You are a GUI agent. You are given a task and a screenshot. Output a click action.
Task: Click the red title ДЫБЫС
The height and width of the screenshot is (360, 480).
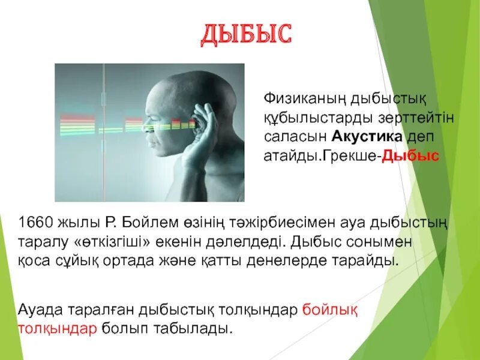pyautogui.click(x=246, y=34)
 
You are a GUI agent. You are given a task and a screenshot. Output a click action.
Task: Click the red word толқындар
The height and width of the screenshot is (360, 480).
pyautogui.click(x=57, y=329)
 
